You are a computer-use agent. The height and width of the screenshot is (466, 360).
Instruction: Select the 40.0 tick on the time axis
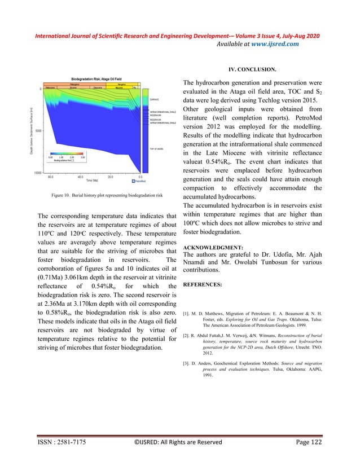tap(80, 177)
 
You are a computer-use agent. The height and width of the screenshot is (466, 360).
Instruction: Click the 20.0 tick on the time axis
tap(110, 177)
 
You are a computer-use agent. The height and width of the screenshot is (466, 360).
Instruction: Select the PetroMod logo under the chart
tap(137, 181)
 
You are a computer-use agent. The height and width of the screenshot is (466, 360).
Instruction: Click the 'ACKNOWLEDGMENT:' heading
tap(213, 247)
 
